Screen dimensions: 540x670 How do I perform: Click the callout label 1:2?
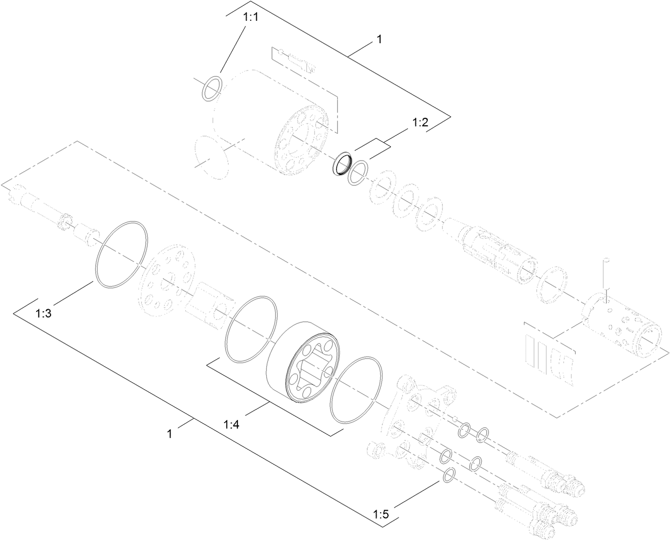(x=420, y=123)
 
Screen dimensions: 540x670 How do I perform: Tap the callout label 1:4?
(x=232, y=424)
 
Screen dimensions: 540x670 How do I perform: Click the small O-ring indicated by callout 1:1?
(x=212, y=87)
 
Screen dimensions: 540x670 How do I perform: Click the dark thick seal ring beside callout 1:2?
(x=341, y=163)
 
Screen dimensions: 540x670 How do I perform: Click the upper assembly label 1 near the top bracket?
(x=379, y=39)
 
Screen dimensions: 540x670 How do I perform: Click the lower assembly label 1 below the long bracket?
(x=169, y=434)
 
